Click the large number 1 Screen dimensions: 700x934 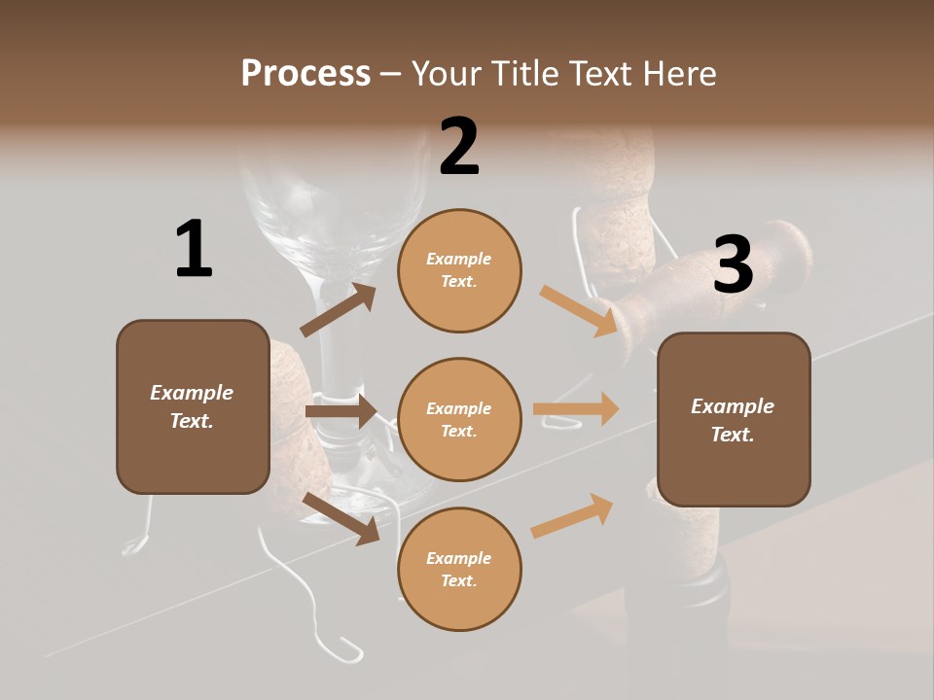(194, 250)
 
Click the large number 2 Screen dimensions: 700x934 (459, 148)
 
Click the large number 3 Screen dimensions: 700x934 (733, 265)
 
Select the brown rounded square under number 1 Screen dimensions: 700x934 (193, 406)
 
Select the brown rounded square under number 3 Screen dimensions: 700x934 (734, 420)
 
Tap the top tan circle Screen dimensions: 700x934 (459, 270)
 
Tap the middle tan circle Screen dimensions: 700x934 (459, 420)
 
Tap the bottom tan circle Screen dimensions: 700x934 (459, 570)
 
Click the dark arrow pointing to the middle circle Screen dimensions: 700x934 (341, 412)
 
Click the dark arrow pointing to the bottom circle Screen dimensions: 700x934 (341, 517)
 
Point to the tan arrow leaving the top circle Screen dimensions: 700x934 (579, 310)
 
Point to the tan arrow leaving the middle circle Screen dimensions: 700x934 (576, 409)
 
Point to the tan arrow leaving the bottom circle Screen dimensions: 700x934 (572, 516)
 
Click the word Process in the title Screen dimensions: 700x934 (305, 73)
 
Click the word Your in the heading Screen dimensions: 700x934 (449, 74)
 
